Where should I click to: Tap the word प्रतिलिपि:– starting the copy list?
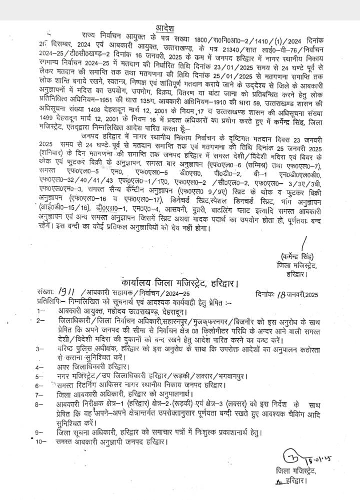pyautogui.click(x=50, y=302)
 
